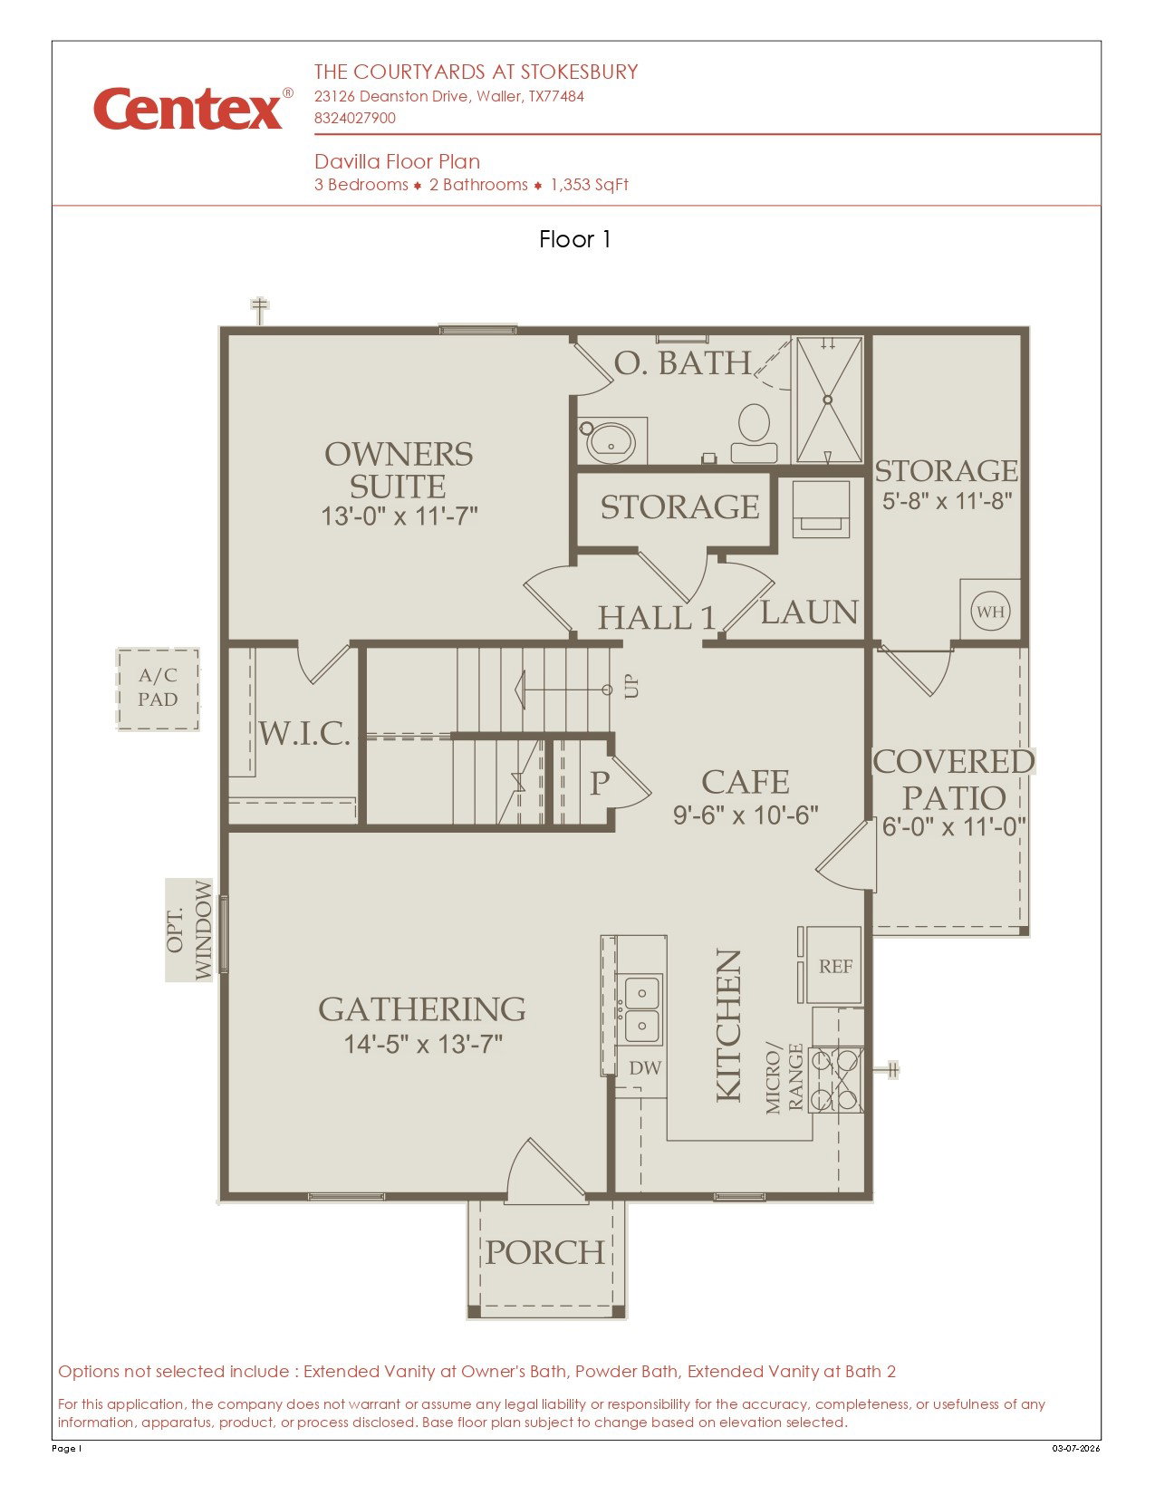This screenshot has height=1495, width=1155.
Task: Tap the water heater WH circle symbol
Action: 990,611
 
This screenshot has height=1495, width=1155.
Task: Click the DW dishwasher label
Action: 645,1067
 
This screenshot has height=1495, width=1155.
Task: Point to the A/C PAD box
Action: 158,688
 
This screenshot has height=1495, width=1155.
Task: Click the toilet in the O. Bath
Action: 754,432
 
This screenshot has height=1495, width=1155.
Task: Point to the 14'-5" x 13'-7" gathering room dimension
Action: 423,1044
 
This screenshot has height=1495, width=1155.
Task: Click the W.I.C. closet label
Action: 304,733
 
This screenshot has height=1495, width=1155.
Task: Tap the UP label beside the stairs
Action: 630,686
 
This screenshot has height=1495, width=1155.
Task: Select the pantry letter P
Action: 600,782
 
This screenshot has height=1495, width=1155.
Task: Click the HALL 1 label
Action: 657,617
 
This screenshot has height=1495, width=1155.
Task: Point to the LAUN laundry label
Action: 809,612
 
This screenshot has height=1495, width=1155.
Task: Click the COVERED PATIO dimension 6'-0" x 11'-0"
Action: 954,826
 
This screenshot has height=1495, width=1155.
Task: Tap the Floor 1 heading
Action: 575,239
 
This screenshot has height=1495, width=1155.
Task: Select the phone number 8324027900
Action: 355,118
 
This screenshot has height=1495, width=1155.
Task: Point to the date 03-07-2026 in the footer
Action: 1076,1448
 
